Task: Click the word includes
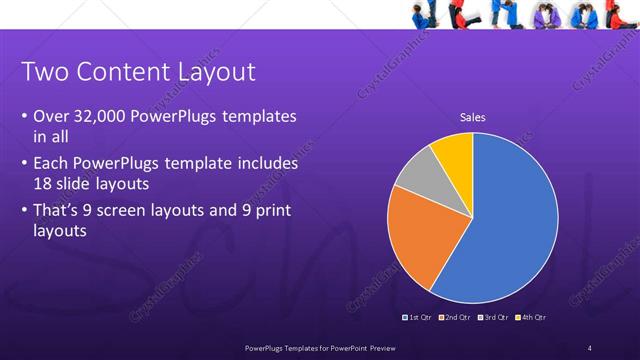(265, 162)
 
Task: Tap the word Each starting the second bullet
(51, 162)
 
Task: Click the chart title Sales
(472, 118)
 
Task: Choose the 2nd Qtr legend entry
(455, 317)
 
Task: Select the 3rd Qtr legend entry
(493, 317)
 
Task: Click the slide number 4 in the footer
(590, 348)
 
